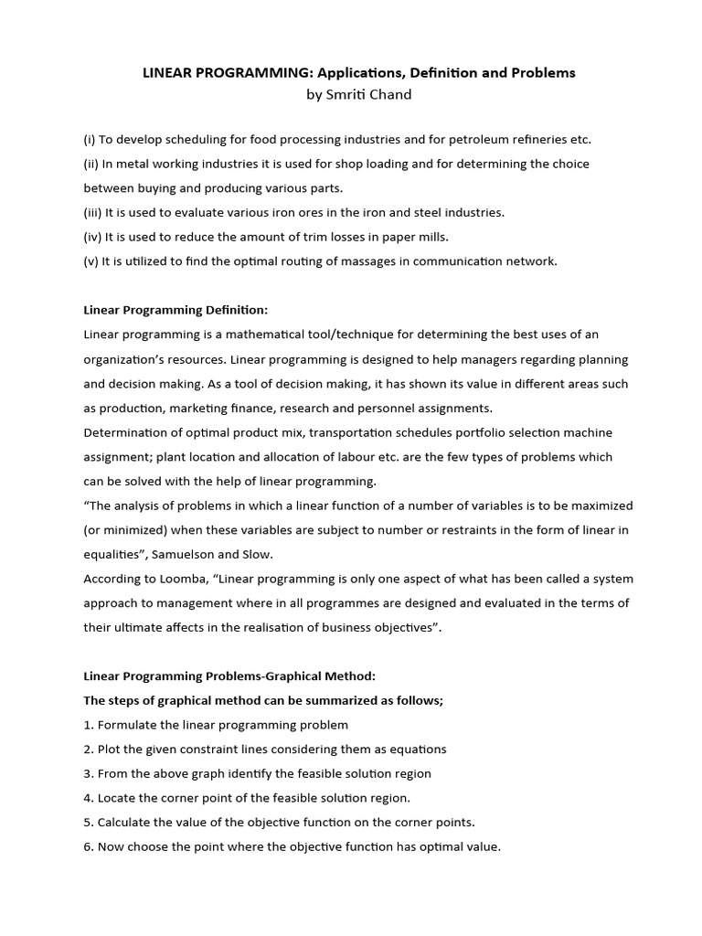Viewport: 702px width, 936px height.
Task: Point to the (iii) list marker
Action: (92, 212)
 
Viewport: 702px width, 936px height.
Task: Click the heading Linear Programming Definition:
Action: (176, 310)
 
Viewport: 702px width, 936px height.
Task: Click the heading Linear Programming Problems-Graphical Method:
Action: (229, 675)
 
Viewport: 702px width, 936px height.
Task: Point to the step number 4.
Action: (88, 798)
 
